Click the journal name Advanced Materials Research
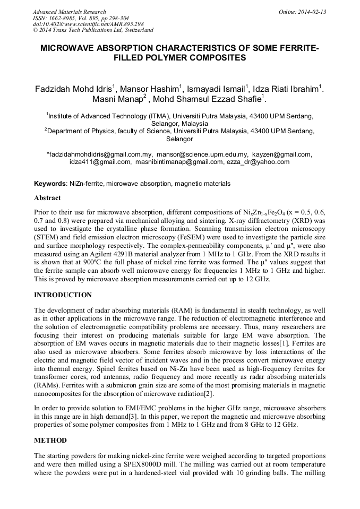pyautogui.click(x=69, y=12)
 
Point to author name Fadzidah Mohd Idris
pyautogui.click(x=73, y=89)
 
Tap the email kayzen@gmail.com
pyautogui.click(x=282, y=154)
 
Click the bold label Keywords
pyautogui.click(x=50, y=184)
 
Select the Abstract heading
pyautogui.click(x=47, y=197)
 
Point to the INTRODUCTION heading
pyautogui.click(x=63, y=295)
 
